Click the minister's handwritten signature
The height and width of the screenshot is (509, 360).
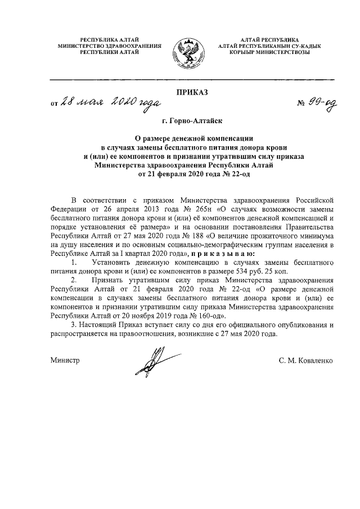tap(154, 360)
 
